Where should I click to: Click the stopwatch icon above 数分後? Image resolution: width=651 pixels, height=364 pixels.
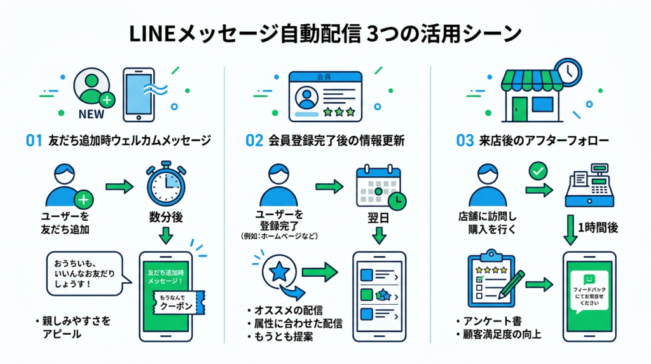[x=165, y=185]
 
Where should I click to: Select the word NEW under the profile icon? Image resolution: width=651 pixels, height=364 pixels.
[x=90, y=115]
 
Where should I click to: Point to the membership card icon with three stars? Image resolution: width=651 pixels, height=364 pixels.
[x=325, y=95]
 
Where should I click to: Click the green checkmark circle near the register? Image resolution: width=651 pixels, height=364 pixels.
[x=538, y=171]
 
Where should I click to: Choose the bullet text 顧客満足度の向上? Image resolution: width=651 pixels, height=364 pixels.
[x=502, y=333]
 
